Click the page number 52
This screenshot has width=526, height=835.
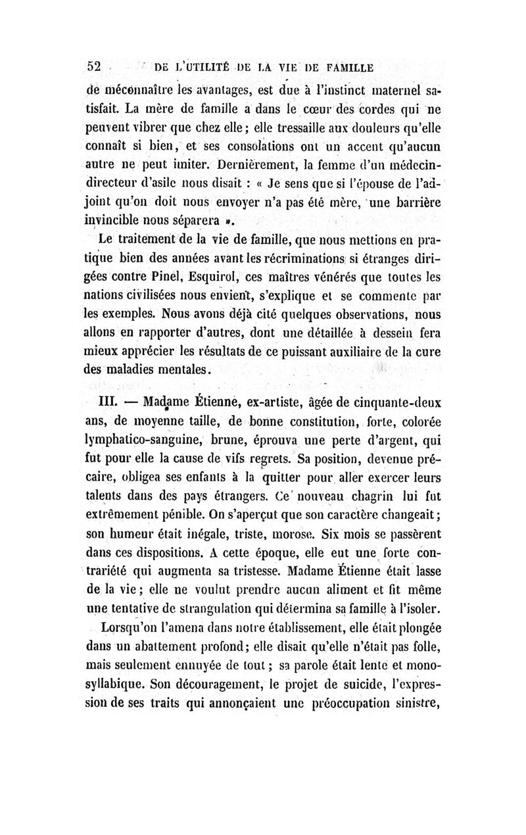[x=95, y=66]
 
